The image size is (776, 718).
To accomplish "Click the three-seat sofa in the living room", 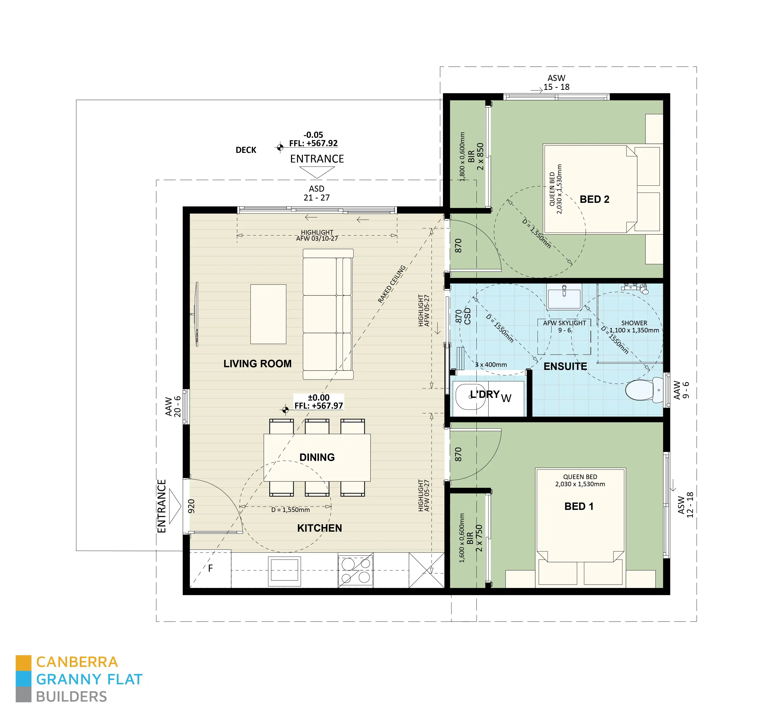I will tap(328, 314).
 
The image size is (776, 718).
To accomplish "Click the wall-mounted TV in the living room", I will tap(197, 314).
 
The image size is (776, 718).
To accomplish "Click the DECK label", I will tap(246, 150).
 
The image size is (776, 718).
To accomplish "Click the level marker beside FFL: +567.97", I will tap(285, 409).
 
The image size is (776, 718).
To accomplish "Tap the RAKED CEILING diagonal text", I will tap(391, 284).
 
